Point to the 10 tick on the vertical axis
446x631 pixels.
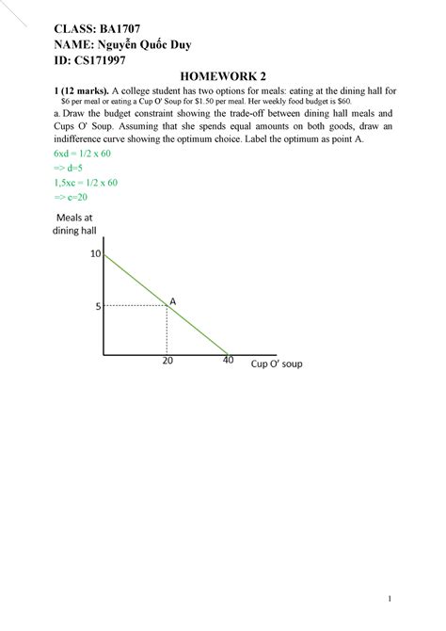(x=95, y=254)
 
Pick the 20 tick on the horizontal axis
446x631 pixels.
(x=167, y=361)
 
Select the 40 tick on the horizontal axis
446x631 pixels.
(x=228, y=360)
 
